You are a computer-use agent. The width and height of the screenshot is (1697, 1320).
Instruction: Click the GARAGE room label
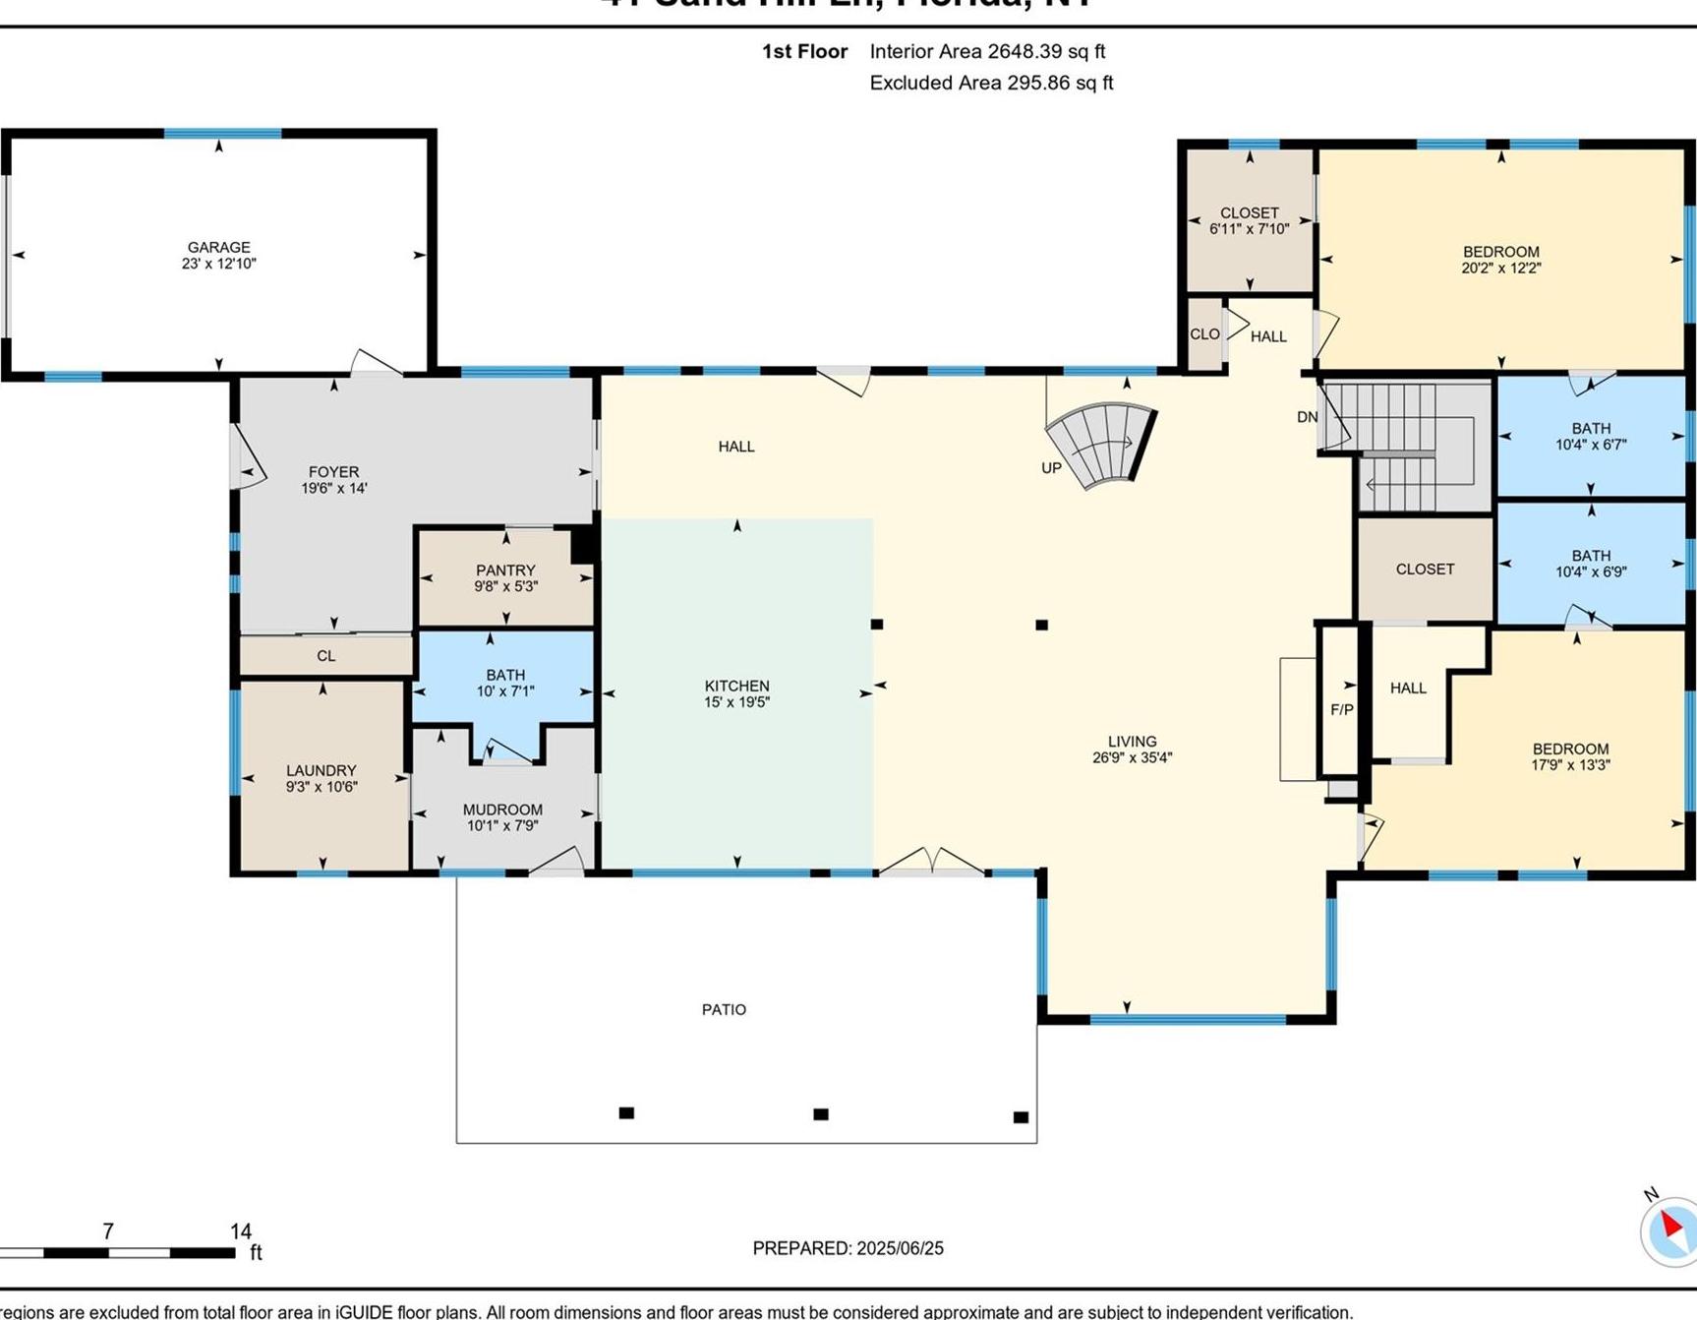[218, 247]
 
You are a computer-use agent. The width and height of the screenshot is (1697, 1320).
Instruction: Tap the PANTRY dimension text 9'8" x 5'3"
[505, 587]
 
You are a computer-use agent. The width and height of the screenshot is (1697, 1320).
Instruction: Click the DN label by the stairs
[1307, 417]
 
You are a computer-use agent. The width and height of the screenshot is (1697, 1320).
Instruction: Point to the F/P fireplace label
[1341, 709]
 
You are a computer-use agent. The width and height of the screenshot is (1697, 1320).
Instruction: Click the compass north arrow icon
[1670, 1229]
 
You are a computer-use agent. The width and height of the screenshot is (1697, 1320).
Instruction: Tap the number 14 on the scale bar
[241, 1231]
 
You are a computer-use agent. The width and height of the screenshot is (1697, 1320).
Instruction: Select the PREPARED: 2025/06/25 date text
[848, 1248]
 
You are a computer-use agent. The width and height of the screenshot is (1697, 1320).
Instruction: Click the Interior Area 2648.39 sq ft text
[987, 51]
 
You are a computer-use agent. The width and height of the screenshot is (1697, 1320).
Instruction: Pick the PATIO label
[724, 1009]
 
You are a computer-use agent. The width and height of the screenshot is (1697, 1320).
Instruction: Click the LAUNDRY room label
[321, 770]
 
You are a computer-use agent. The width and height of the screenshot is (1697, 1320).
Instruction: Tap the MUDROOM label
[502, 810]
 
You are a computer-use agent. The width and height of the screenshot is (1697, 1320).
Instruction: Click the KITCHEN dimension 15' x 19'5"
[736, 702]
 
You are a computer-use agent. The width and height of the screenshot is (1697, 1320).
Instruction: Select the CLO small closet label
[1204, 334]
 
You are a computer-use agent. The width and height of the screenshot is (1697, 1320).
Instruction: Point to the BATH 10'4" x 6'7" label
[1590, 436]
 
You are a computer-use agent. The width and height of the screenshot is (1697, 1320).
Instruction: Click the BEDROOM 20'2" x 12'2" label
[1500, 260]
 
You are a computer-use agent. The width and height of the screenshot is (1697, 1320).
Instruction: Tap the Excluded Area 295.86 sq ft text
[991, 83]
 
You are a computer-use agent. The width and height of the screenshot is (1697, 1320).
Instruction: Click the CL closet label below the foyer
[325, 656]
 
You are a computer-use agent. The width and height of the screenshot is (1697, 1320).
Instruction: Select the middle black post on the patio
[821, 1114]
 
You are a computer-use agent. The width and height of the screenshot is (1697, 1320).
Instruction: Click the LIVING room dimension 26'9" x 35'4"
[1132, 757]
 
